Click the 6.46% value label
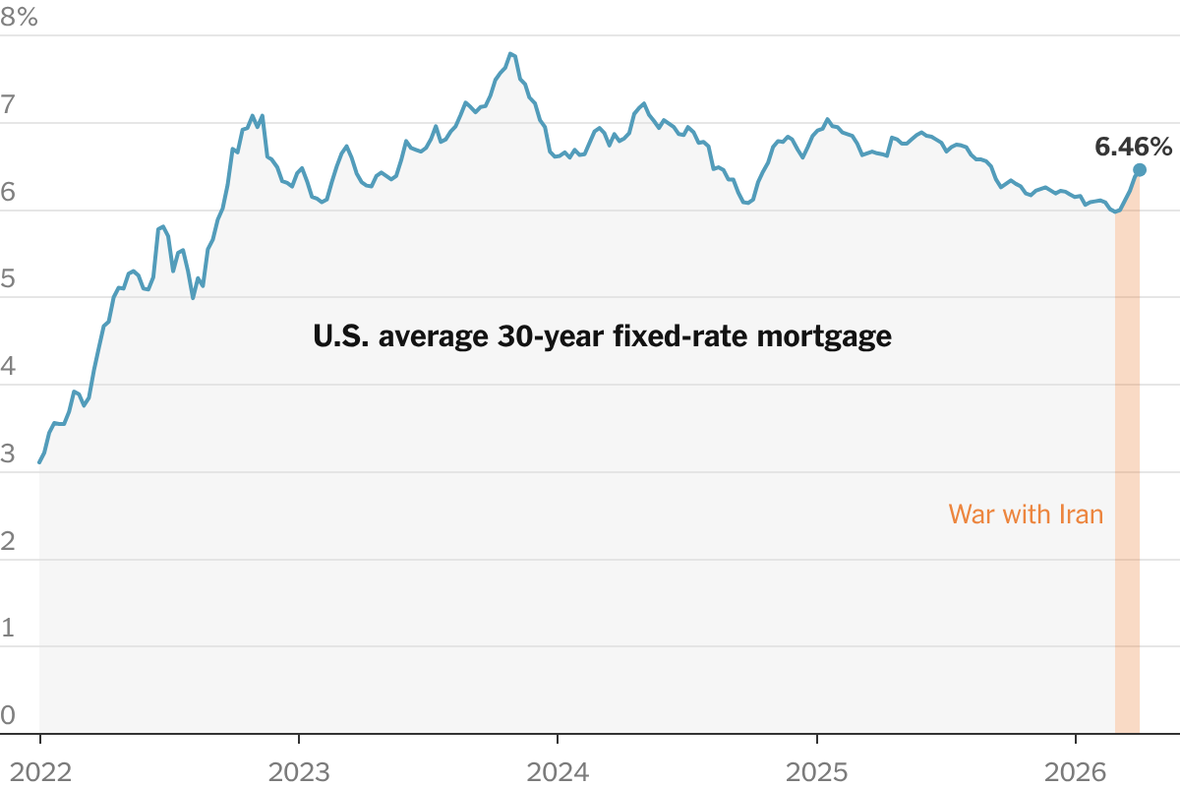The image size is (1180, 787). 1133,148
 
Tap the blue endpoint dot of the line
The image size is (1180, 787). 1140,170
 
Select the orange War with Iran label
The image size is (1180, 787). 1026,514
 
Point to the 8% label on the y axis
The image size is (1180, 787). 19,18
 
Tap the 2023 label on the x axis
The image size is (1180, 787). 298,771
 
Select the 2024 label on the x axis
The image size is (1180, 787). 558,771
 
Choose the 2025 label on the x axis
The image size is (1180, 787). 816,771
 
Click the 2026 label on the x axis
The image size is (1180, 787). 1076,771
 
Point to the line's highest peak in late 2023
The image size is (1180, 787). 511,53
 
